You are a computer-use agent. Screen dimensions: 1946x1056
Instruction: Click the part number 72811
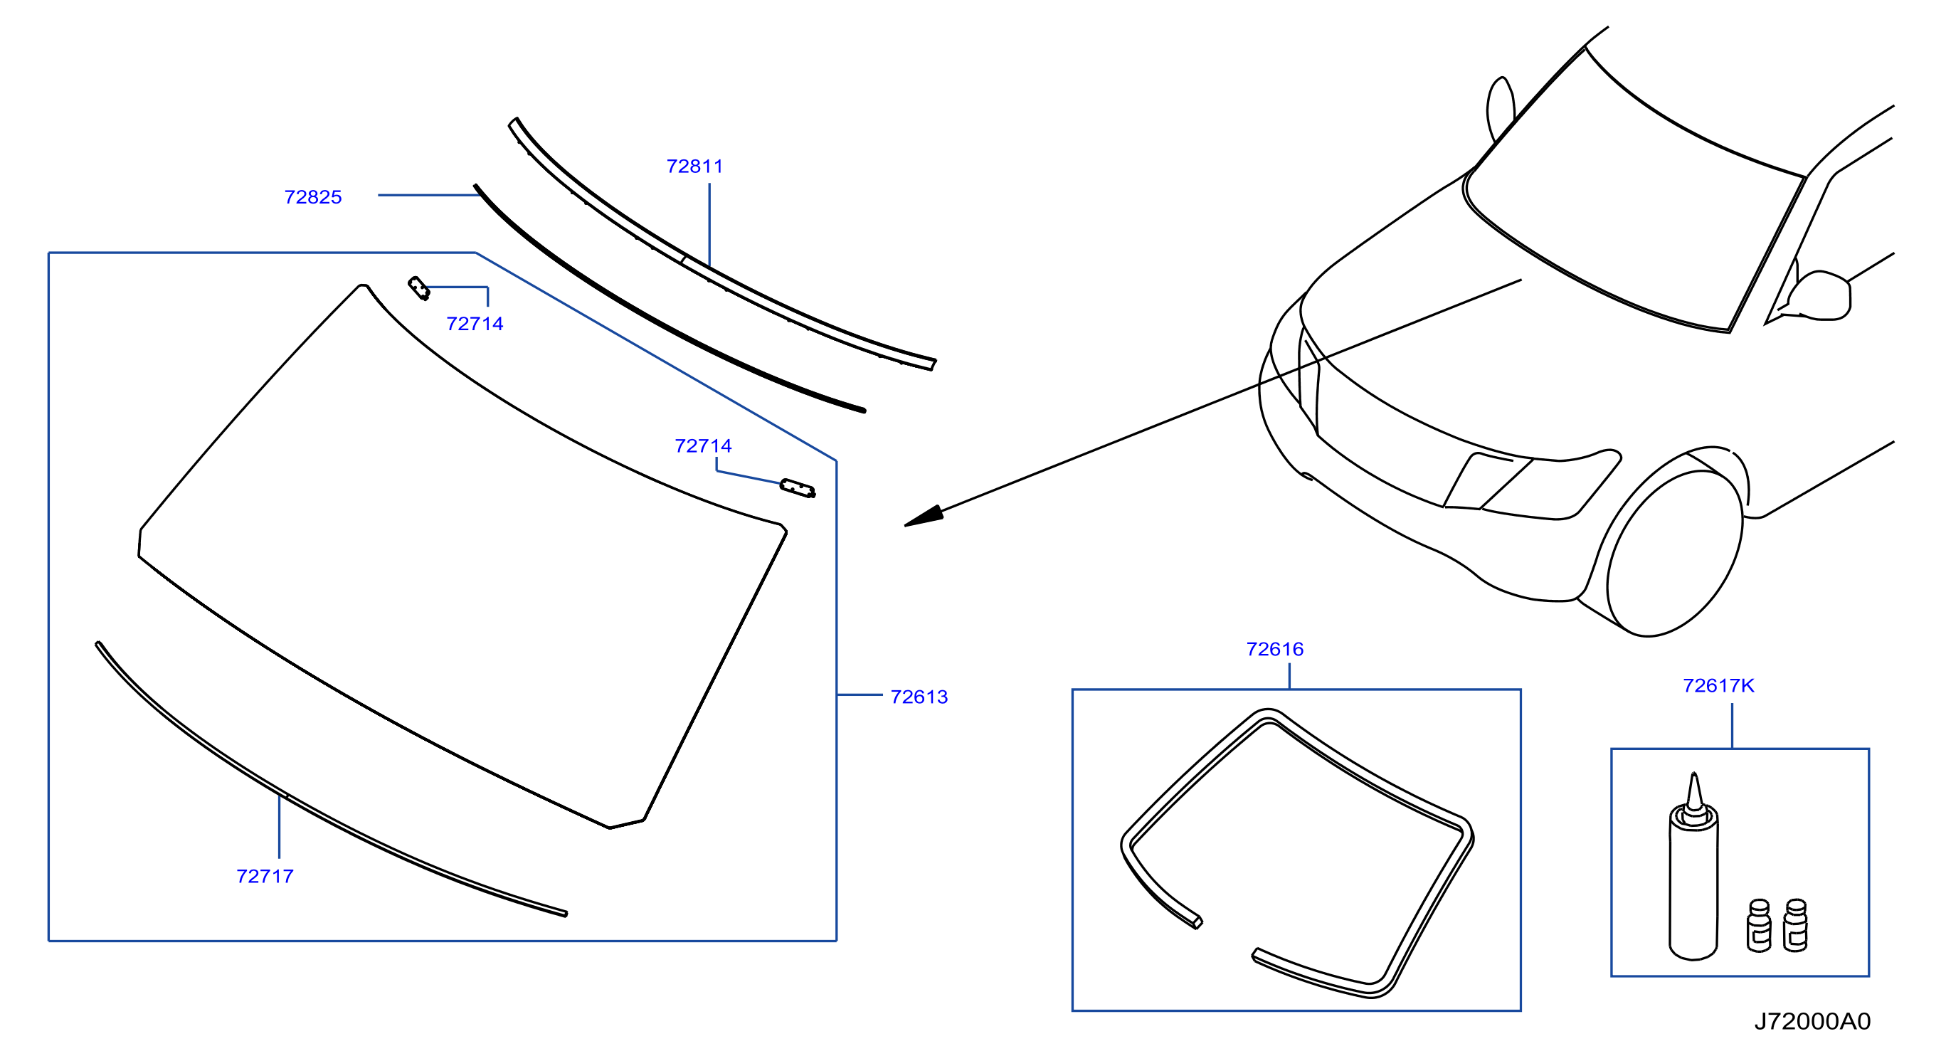click(x=694, y=167)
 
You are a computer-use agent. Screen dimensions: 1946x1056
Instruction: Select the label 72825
click(x=313, y=197)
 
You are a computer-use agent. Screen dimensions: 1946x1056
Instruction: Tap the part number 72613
click(x=919, y=697)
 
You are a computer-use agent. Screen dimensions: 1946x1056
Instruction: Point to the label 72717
click(x=265, y=876)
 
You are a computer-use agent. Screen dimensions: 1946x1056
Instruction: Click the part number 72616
click(x=1274, y=649)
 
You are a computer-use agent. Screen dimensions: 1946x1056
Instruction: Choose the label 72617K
click(x=1718, y=686)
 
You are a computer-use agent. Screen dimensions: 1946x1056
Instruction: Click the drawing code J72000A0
click(x=1812, y=1021)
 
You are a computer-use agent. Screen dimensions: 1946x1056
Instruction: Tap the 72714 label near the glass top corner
click(x=475, y=324)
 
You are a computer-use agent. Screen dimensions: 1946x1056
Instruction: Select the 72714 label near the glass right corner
click(x=702, y=446)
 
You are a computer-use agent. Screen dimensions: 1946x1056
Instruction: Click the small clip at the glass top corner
click(x=418, y=288)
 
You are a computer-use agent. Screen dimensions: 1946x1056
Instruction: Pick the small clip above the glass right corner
click(x=797, y=489)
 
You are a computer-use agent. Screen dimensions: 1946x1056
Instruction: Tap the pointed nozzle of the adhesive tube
click(x=1693, y=793)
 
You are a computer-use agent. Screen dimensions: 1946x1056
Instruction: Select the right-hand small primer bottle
click(x=1795, y=925)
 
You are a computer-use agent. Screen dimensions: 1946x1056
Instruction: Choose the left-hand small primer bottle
click(x=1759, y=925)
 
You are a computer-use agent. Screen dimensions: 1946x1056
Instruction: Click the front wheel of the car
click(x=1676, y=554)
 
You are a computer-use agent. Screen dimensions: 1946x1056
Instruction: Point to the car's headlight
click(x=1533, y=484)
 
